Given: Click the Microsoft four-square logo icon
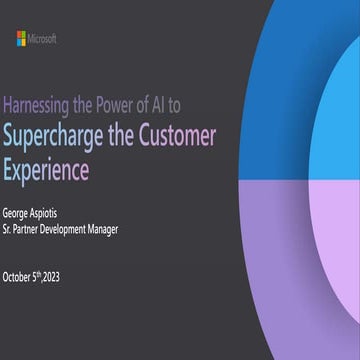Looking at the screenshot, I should pos(21,38).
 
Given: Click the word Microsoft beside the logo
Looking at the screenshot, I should pos(43,38).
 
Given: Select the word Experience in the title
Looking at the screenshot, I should pos(46,168).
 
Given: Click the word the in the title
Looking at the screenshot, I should pos(127,134).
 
